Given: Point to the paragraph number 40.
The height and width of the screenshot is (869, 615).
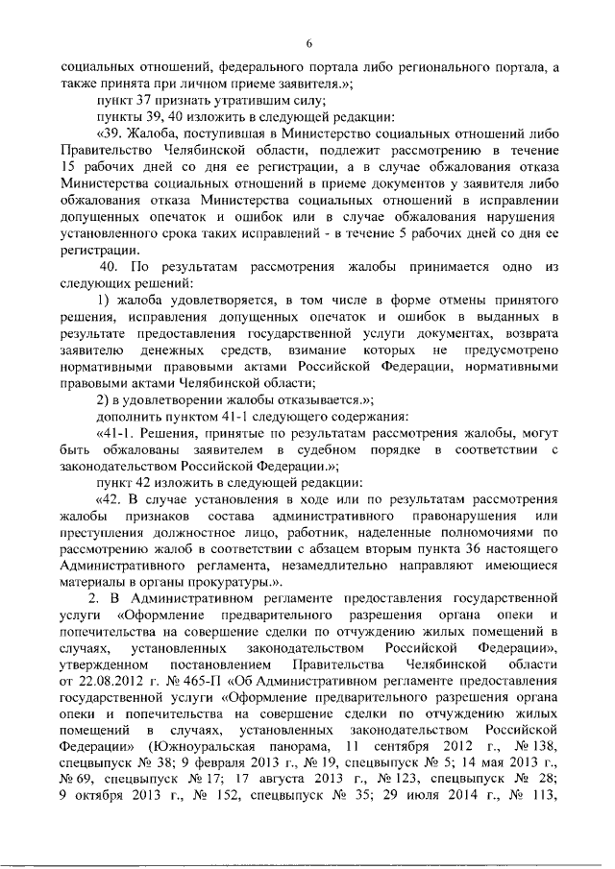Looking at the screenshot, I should (x=111, y=264).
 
